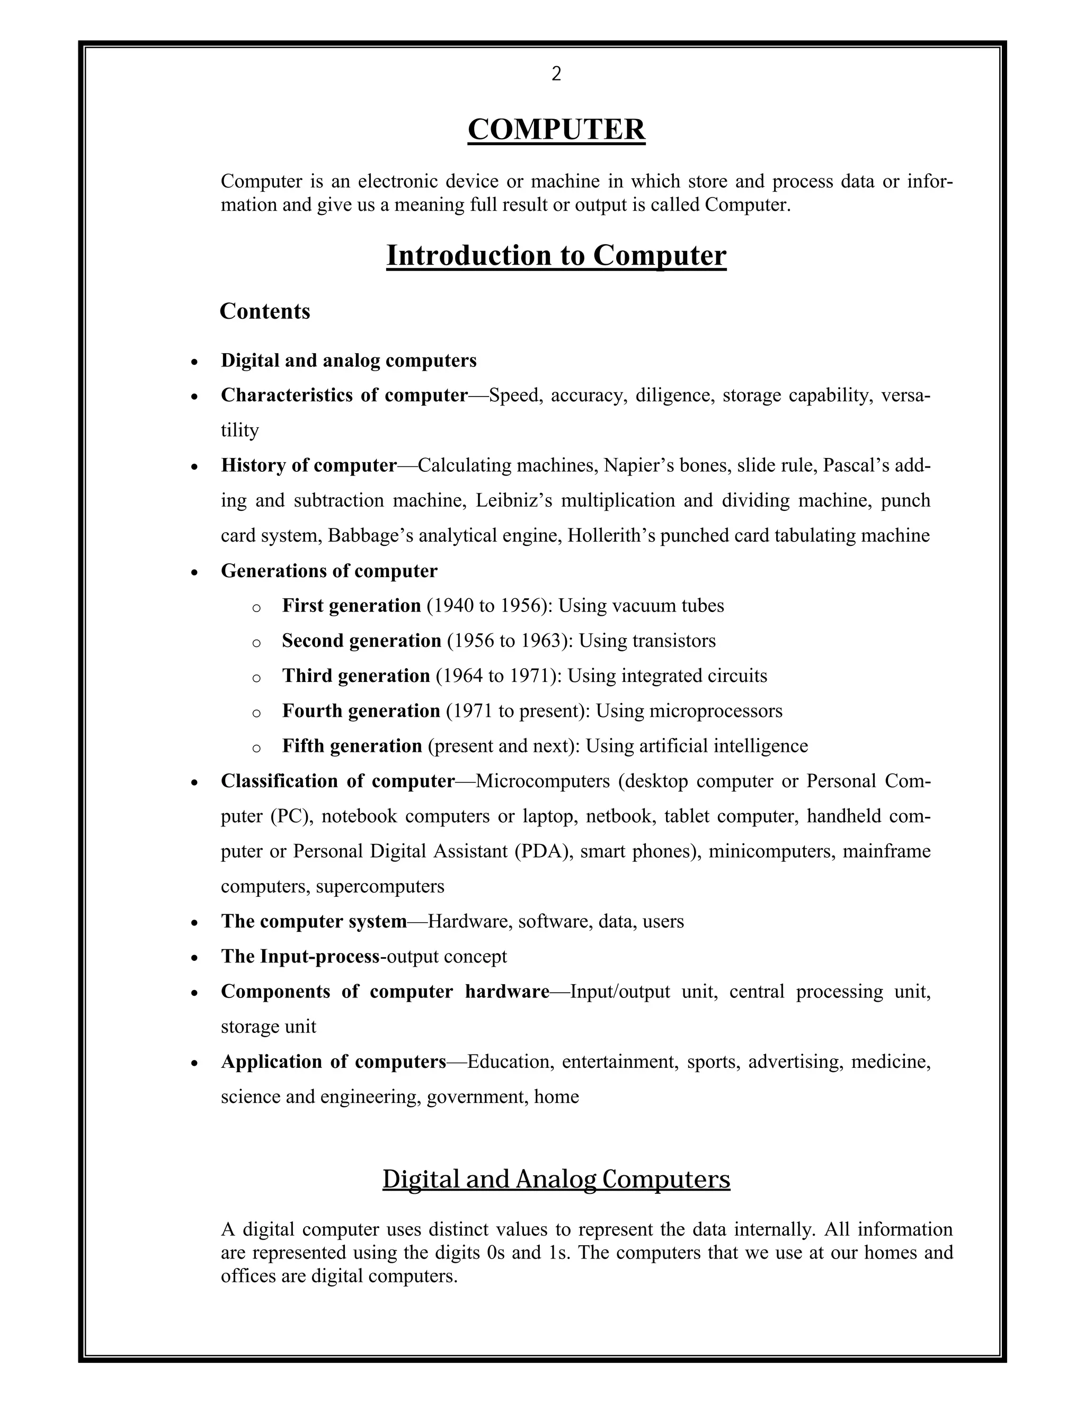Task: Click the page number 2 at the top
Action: coord(556,75)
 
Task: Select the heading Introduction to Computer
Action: coord(556,256)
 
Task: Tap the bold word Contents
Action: coord(265,311)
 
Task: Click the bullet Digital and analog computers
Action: coord(349,361)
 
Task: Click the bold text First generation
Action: coord(351,606)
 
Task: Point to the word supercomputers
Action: coord(380,886)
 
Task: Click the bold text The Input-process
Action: coord(300,957)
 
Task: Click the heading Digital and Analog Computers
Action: coord(556,1179)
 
